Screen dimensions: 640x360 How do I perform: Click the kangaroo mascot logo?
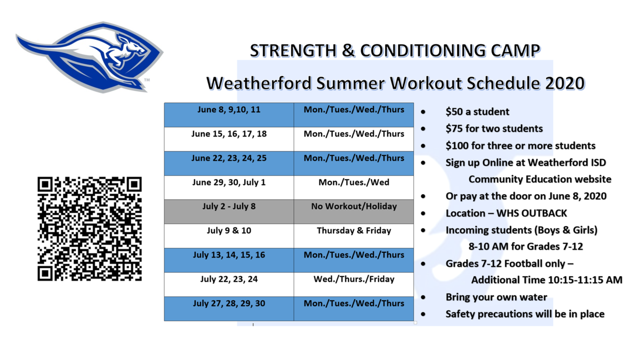pyautogui.click(x=90, y=57)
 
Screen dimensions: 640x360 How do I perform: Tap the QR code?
pyautogui.click(x=90, y=229)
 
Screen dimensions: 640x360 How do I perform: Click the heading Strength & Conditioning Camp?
pyautogui.click(x=395, y=51)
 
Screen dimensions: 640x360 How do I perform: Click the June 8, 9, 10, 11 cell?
pyautogui.click(x=229, y=115)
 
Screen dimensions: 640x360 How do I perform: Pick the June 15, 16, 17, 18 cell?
pyautogui.click(x=229, y=139)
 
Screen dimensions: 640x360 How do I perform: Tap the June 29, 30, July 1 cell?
pyautogui.click(x=229, y=187)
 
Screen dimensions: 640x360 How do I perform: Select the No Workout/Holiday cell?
pyautogui.click(x=354, y=212)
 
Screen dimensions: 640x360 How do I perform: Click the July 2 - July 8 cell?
pyautogui.click(x=229, y=212)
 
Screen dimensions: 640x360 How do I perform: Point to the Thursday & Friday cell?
pyautogui.click(x=354, y=236)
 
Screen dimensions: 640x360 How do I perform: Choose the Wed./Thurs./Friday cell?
pyautogui.click(x=354, y=285)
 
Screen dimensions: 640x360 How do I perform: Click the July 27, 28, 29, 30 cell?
pyautogui.click(x=229, y=309)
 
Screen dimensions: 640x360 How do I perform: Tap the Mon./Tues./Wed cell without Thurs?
pyautogui.click(x=354, y=187)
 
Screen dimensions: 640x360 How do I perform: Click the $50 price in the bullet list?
pyautogui.click(x=454, y=111)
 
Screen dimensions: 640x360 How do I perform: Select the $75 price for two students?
pyautogui.click(x=454, y=129)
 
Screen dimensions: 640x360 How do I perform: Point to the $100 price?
pyautogui.click(x=457, y=146)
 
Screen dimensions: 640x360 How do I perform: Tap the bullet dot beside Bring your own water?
pyautogui.click(x=423, y=298)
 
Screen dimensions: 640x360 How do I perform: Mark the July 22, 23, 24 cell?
pyautogui.click(x=229, y=285)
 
